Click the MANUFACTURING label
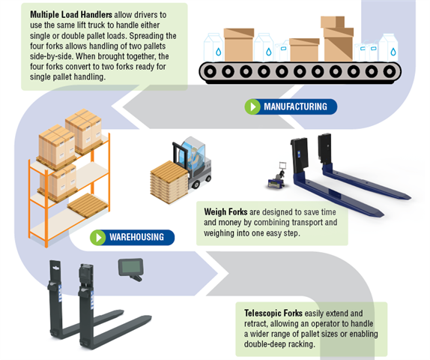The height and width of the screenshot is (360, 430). point(295,106)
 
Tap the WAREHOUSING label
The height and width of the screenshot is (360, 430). point(136,237)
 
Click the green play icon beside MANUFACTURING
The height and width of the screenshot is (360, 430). point(252,106)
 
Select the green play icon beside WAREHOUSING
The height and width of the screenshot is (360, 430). point(98,237)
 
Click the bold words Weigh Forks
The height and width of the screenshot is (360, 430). point(225,211)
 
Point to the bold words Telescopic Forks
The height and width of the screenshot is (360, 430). point(273,313)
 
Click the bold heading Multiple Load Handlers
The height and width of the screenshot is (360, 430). point(71,14)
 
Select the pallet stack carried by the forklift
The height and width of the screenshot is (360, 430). point(168,182)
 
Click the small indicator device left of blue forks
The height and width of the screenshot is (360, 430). point(277,177)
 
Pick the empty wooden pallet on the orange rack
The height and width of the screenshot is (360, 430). point(87,205)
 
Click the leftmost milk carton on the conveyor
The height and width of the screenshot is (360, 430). point(214,47)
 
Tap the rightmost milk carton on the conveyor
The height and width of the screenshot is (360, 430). point(389,47)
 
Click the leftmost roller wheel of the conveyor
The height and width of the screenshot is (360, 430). point(210,72)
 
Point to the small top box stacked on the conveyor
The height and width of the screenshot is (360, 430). point(332,22)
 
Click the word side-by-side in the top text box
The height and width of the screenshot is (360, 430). point(52,56)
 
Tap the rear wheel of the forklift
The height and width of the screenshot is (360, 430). point(196,184)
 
